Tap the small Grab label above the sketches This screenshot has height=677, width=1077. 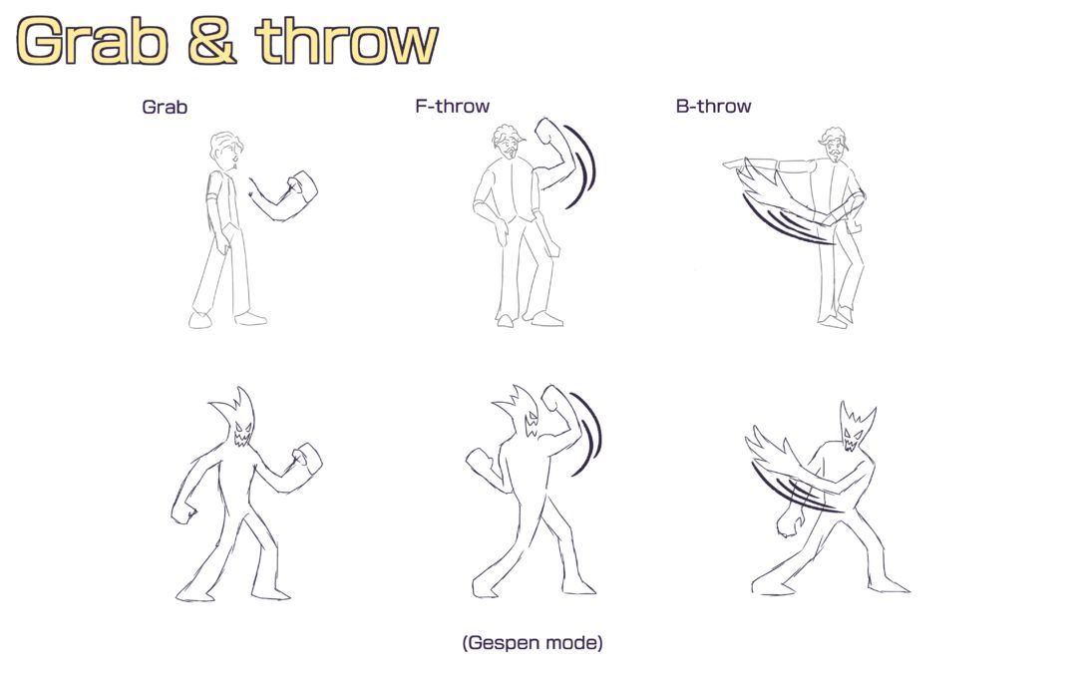click(165, 107)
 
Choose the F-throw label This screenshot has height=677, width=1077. click(452, 107)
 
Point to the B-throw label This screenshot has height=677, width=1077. click(714, 107)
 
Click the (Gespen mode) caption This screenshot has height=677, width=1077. click(533, 643)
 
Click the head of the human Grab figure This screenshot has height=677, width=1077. click(226, 152)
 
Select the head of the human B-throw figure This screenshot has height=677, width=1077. click(834, 146)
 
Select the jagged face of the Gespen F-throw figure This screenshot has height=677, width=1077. click(531, 425)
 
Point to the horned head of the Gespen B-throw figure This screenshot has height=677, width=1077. click(856, 427)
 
